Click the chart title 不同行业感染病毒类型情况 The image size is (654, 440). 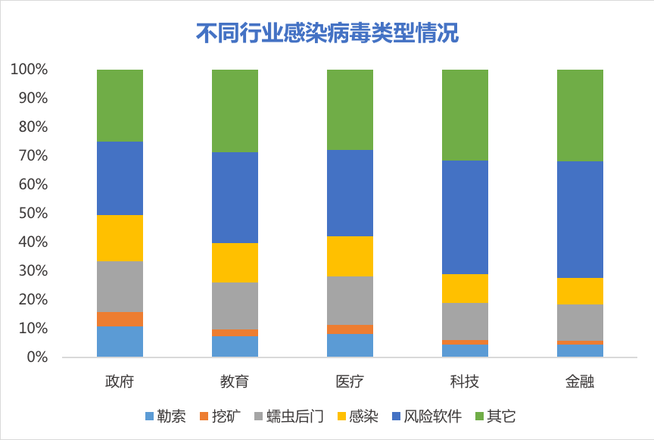pos(327,33)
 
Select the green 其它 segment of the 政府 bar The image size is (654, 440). pos(120,105)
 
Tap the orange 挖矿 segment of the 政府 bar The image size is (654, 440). pos(120,319)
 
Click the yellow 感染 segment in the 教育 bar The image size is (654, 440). pos(235,263)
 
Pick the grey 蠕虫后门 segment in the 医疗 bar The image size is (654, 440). pos(350,301)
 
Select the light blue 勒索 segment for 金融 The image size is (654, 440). pos(580,351)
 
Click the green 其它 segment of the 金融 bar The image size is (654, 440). pos(580,115)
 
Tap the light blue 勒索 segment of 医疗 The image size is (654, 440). pos(350,345)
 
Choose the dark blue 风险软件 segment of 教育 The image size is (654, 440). pos(235,198)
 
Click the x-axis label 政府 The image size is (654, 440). pos(120,381)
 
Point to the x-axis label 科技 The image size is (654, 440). pos(465,381)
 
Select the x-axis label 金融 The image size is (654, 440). pos(580,381)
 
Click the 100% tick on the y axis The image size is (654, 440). pos(30,70)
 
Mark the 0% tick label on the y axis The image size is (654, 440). pos(36,357)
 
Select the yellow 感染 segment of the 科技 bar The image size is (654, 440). pos(465,289)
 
